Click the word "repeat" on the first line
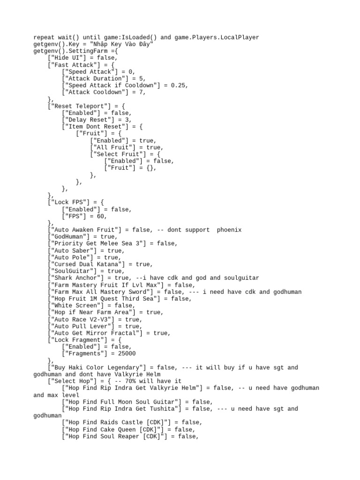44,37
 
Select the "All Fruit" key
113,147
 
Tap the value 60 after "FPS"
102,216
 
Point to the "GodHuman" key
69,237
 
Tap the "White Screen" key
76,306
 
